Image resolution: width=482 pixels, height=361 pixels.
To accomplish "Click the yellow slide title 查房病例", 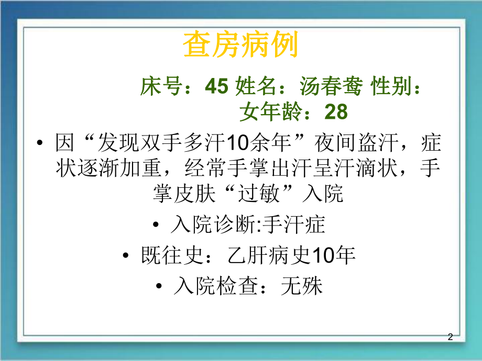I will (240, 46).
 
